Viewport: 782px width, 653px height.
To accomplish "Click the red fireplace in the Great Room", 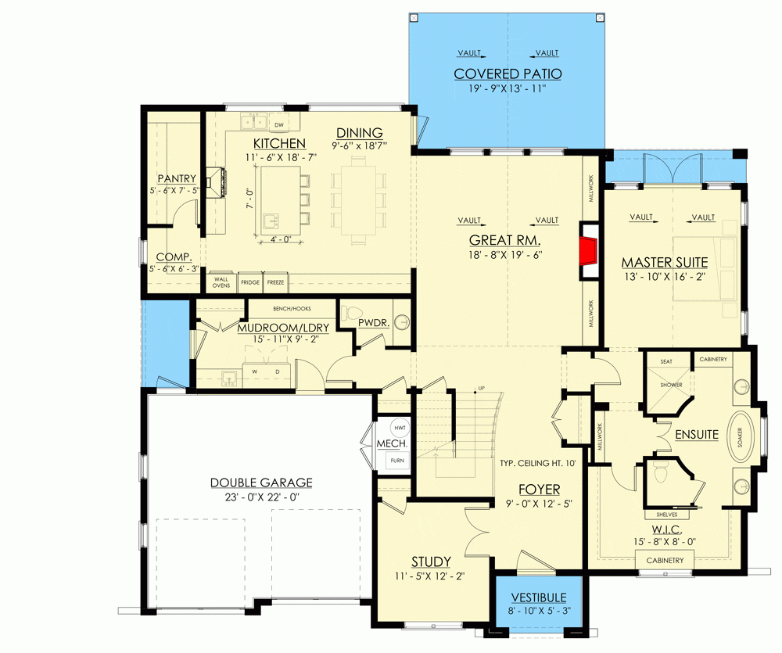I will coord(588,252).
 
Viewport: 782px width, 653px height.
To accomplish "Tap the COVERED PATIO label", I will coord(508,74).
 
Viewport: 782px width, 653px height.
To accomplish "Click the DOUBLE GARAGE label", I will coord(260,483).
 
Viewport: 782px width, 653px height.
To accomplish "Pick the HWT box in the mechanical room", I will coord(400,429).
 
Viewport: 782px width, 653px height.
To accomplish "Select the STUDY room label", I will coord(431,562).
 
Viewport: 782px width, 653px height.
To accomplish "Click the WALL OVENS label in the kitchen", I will coord(221,282).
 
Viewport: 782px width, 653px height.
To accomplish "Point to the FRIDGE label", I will coord(249,282).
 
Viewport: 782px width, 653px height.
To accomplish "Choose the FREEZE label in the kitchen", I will coord(275,282).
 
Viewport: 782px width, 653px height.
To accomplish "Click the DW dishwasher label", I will coord(278,124).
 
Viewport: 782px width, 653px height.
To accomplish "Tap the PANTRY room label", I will coord(176,178).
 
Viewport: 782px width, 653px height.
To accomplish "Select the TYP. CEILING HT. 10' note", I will coord(538,464).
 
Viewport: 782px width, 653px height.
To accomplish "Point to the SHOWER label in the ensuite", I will coord(670,386).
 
